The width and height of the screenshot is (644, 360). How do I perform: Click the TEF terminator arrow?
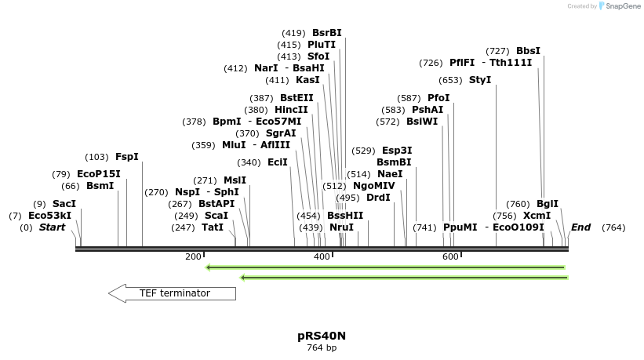tap(172, 293)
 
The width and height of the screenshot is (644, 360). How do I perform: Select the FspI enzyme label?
tap(126, 157)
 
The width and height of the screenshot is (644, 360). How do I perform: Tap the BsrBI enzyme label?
tap(326, 33)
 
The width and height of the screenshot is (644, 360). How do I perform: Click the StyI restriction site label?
tap(480, 80)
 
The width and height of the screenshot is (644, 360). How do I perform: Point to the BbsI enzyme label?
tap(528, 51)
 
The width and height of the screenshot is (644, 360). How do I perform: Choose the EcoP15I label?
tap(99, 174)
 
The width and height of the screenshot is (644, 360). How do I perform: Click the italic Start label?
tap(53, 227)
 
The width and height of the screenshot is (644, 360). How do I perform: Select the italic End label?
tap(580, 227)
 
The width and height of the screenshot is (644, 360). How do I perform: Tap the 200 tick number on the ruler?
tap(193, 257)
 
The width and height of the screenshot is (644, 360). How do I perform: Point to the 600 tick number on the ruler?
tap(450, 257)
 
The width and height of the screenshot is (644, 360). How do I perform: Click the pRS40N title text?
tap(322, 336)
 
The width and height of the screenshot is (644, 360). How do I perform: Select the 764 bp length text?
tap(322, 347)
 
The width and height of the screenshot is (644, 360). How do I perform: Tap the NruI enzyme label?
tap(341, 227)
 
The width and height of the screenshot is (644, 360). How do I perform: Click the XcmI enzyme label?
tap(537, 216)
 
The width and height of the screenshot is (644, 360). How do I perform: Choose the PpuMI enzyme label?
tap(460, 227)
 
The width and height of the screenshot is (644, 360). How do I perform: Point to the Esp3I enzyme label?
tap(397, 151)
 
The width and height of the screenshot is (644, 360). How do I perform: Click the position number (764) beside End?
tap(613, 227)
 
